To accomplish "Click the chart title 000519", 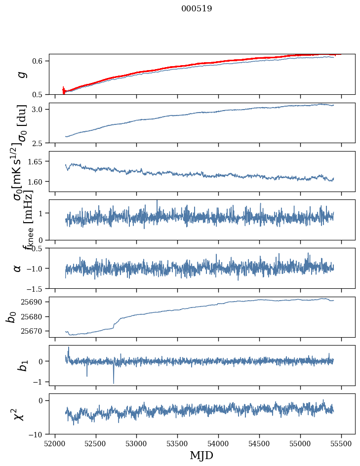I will click(x=197, y=9).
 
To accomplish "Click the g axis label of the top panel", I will click(x=21, y=74).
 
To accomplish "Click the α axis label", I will click(x=18, y=268).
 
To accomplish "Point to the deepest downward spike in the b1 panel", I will click(x=114, y=383).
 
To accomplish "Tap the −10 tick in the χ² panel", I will click(x=38, y=434).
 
